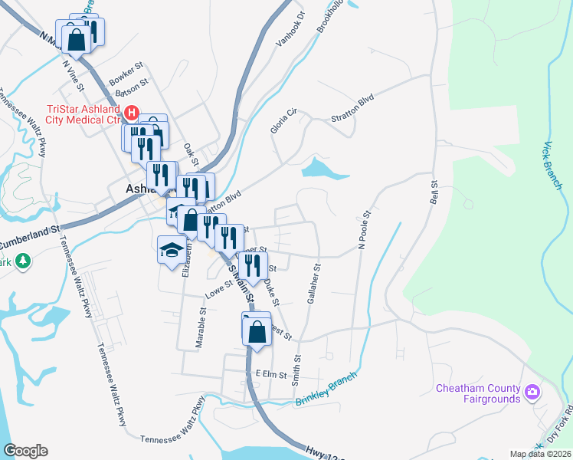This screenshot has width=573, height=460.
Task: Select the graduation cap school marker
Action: pos(171,249)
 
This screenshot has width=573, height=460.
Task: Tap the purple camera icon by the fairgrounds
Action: pos(532,393)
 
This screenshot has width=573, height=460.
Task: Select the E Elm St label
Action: pos(270,375)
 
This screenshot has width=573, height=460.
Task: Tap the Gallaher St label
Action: pos(314,283)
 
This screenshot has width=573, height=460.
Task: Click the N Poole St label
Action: pos(365,228)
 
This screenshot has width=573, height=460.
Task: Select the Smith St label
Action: pos(297,369)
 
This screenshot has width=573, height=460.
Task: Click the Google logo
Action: pos(26,451)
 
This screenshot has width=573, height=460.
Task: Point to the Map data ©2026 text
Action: pos(541,454)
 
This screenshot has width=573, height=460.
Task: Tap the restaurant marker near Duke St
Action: pos(251,267)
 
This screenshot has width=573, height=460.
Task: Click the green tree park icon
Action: pos(24,261)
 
